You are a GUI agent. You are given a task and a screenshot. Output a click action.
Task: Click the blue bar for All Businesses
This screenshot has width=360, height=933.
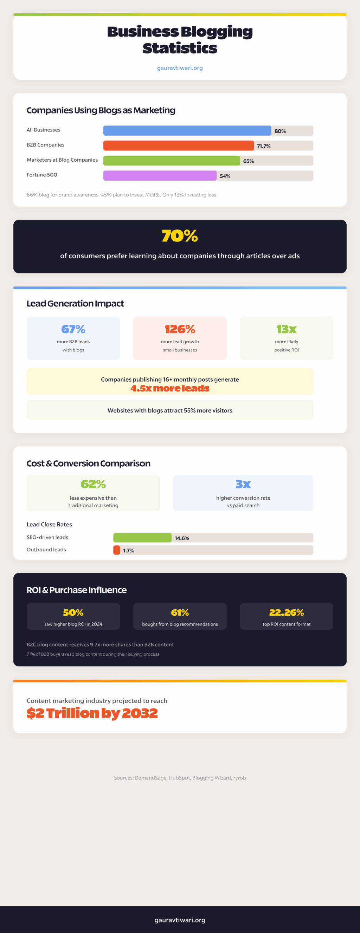187,130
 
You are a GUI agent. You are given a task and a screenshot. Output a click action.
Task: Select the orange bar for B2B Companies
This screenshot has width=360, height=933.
178,145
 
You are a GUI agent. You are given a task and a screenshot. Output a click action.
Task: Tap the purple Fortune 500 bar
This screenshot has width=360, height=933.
160,176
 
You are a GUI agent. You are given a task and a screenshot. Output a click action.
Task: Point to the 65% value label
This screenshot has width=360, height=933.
249,161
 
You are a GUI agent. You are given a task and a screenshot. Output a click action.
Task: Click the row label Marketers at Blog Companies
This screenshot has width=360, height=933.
62,160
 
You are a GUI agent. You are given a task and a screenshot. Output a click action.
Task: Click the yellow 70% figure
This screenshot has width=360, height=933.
180,236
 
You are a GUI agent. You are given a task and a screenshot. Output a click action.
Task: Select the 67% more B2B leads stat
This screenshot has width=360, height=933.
73,329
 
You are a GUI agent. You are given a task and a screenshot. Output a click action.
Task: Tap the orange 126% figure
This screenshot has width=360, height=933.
180,329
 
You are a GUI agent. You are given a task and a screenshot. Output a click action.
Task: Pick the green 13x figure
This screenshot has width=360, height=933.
286,329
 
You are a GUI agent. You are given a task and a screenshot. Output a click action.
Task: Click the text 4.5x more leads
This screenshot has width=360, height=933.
170,388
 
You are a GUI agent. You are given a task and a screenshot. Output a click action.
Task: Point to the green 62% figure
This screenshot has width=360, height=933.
93,484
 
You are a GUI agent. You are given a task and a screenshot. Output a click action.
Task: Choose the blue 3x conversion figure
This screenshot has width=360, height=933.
243,484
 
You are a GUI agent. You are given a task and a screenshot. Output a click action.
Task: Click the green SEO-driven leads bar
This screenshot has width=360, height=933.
142,538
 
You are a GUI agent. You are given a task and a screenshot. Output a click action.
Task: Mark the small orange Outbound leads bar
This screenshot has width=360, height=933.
117,550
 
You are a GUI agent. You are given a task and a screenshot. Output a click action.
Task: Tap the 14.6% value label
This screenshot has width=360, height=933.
182,538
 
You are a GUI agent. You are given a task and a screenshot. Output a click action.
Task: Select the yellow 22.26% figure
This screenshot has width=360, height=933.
286,613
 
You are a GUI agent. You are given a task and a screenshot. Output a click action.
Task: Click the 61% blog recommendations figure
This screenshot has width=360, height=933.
180,613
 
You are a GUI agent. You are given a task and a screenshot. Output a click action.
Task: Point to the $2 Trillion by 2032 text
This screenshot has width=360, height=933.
92,713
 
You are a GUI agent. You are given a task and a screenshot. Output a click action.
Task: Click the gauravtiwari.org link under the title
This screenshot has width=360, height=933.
180,68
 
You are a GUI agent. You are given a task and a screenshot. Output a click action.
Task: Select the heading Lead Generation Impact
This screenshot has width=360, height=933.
75,304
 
